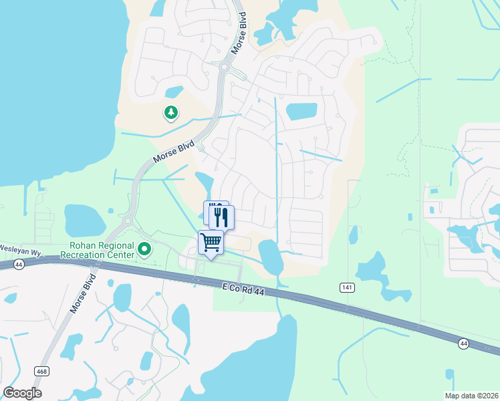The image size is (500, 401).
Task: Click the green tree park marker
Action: pos(171,113)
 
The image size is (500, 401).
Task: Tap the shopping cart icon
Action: pos(211,242)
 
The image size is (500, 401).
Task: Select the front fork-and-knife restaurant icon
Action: pos(222,216)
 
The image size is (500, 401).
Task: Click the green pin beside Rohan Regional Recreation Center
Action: pos(144,250)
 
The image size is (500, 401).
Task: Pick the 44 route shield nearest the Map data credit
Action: pos(463,344)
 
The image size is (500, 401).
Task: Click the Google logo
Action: pos(22,393)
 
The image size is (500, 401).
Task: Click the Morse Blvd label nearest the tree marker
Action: pos(173,152)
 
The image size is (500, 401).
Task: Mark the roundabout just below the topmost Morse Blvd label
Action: pos(224,67)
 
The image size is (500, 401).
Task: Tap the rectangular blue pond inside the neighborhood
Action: pos(301,112)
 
